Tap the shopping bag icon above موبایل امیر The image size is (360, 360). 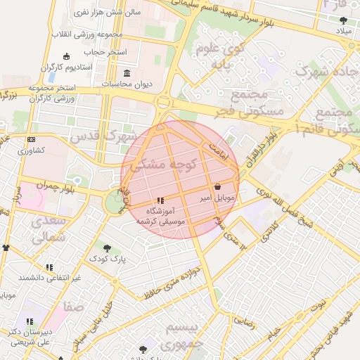[217, 187]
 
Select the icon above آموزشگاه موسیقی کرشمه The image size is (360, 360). [161, 200]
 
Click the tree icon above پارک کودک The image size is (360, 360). [107, 248]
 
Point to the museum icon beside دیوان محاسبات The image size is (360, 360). [127, 73]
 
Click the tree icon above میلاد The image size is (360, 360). [343, 20]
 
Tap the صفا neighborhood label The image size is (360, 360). [73, 307]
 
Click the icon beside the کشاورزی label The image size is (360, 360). [31, 140]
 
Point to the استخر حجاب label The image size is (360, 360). [105, 51]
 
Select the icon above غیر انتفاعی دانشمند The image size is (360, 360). [49, 267]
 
